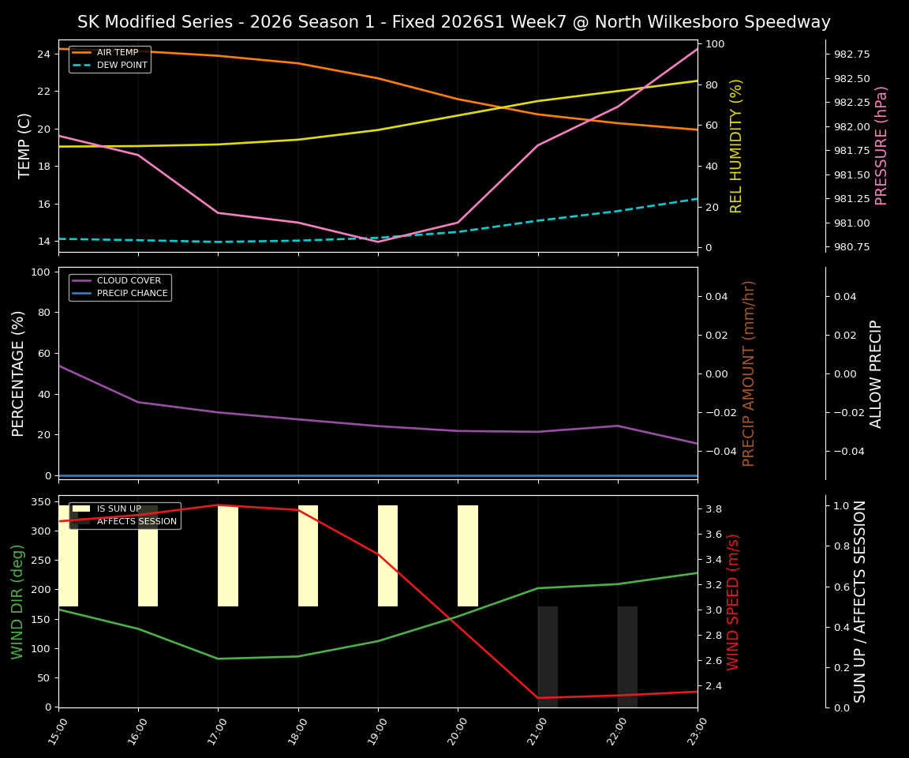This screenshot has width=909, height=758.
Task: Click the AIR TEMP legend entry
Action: pyautogui.click(x=117, y=53)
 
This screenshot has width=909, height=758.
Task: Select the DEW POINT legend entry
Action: pyautogui.click(x=122, y=65)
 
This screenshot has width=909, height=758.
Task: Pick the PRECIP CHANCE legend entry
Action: pyautogui.click(x=132, y=294)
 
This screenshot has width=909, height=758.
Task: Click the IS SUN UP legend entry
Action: pyautogui.click(x=118, y=509)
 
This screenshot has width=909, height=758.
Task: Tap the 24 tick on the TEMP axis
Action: pyautogui.click(x=43, y=54)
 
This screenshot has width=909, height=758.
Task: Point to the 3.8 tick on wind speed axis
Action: pyautogui.click(x=714, y=509)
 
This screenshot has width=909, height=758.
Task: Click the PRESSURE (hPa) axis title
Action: pyautogui.click(x=881, y=145)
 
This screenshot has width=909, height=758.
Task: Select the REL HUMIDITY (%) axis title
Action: pyautogui.click(x=736, y=145)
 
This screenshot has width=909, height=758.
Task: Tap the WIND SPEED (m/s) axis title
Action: pyautogui.click(x=734, y=602)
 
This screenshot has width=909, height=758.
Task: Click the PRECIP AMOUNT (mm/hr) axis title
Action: pyautogui.click(x=749, y=373)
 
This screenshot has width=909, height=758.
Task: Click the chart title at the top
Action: pyautogui.click(x=454, y=22)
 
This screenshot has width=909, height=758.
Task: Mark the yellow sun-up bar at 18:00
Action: pyautogui.click(x=308, y=556)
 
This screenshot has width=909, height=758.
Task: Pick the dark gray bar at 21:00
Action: pyautogui.click(x=548, y=656)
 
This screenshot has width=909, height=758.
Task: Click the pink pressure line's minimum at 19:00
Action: pyautogui.click(x=378, y=242)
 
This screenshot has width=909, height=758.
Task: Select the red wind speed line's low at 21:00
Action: pyautogui.click(x=538, y=698)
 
